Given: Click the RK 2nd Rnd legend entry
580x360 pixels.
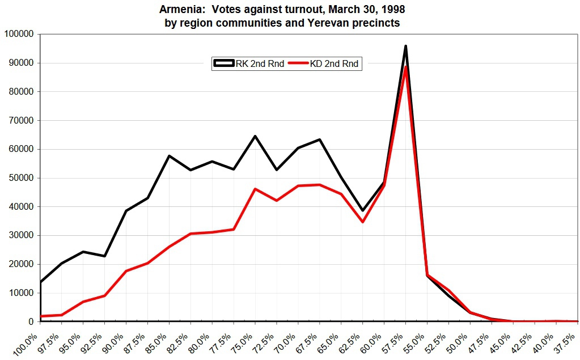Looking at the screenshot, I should [x=248, y=63].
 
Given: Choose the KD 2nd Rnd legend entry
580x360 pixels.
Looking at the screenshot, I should [x=324, y=63].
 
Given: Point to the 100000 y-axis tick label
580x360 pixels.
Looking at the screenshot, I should [x=19, y=34].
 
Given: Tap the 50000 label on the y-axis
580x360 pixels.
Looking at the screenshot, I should [x=22, y=178].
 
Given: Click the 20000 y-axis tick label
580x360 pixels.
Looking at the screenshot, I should [x=22, y=264].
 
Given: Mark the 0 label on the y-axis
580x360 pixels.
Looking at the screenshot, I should [x=31, y=321].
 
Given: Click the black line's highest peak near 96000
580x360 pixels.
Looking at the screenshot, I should [x=405, y=46].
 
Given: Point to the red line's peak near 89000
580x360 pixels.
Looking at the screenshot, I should [x=405, y=66].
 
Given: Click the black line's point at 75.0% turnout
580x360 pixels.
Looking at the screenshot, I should [x=255, y=136].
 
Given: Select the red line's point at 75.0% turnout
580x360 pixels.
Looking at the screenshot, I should [x=255, y=189].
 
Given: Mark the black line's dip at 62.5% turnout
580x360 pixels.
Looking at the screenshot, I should [x=363, y=210].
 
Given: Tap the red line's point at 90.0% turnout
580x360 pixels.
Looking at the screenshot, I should [x=126, y=271].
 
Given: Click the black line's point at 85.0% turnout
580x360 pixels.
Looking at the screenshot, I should [x=169, y=156].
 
